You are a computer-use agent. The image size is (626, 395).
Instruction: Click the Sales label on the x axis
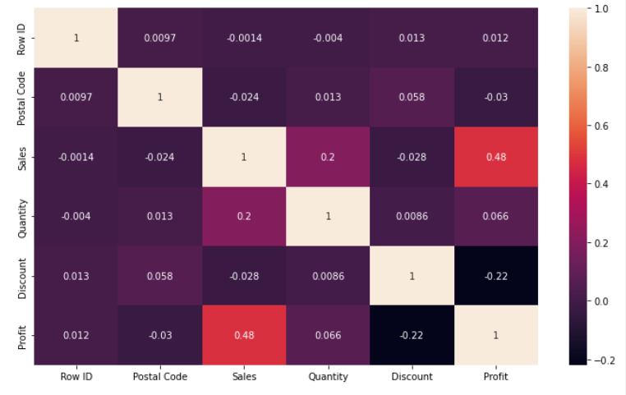244,377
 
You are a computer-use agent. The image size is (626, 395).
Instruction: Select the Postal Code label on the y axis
21,98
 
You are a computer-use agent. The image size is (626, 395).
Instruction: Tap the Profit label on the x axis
496,377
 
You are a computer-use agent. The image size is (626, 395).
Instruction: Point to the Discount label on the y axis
21,276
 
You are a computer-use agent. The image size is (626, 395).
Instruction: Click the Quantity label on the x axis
328,377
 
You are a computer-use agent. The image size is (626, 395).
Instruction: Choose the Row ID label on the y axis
21,39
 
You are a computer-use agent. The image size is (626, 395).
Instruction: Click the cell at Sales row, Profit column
496,157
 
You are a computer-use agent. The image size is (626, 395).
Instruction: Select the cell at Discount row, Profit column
496,276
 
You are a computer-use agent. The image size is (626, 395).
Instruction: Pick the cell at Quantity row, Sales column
244,216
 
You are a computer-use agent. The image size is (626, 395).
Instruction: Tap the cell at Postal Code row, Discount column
412,98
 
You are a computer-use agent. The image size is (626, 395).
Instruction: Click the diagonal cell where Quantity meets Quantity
328,216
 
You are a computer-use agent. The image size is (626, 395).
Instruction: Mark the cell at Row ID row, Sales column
244,39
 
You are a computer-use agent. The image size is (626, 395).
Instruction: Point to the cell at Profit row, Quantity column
328,335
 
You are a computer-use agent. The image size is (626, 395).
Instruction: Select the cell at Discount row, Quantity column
328,276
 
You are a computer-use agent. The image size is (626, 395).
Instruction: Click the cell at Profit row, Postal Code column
159,335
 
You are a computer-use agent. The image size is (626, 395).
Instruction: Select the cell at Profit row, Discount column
412,335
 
